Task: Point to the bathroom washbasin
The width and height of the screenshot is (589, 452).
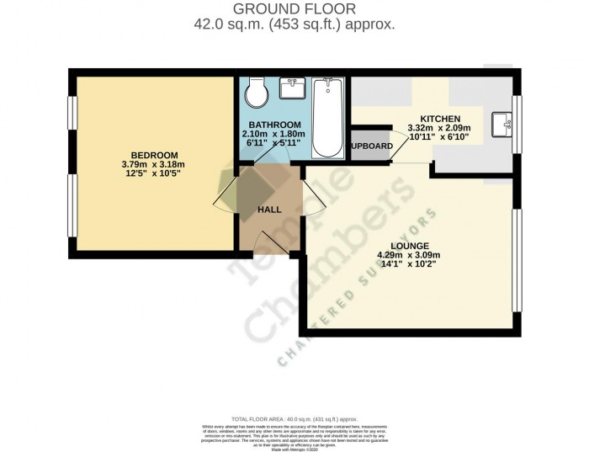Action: click(x=293, y=88)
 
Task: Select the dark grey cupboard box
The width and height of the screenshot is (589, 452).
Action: click(x=370, y=146)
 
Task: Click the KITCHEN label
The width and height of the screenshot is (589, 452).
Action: click(x=440, y=119)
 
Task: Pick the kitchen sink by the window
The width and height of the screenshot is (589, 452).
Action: click(x=505, y=124)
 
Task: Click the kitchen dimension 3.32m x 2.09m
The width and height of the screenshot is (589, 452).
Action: click(x=439, y=128)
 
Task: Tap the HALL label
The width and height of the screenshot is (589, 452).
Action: click(x=269, y=210)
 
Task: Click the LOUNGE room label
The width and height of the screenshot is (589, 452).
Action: click(x=409, y=245)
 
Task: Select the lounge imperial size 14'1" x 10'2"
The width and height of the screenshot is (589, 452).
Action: click(x=409, y=264)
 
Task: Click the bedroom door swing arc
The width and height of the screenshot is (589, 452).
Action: click(x=225, y=201)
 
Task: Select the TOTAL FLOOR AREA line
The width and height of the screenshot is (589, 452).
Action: click(x=294, y=418)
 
